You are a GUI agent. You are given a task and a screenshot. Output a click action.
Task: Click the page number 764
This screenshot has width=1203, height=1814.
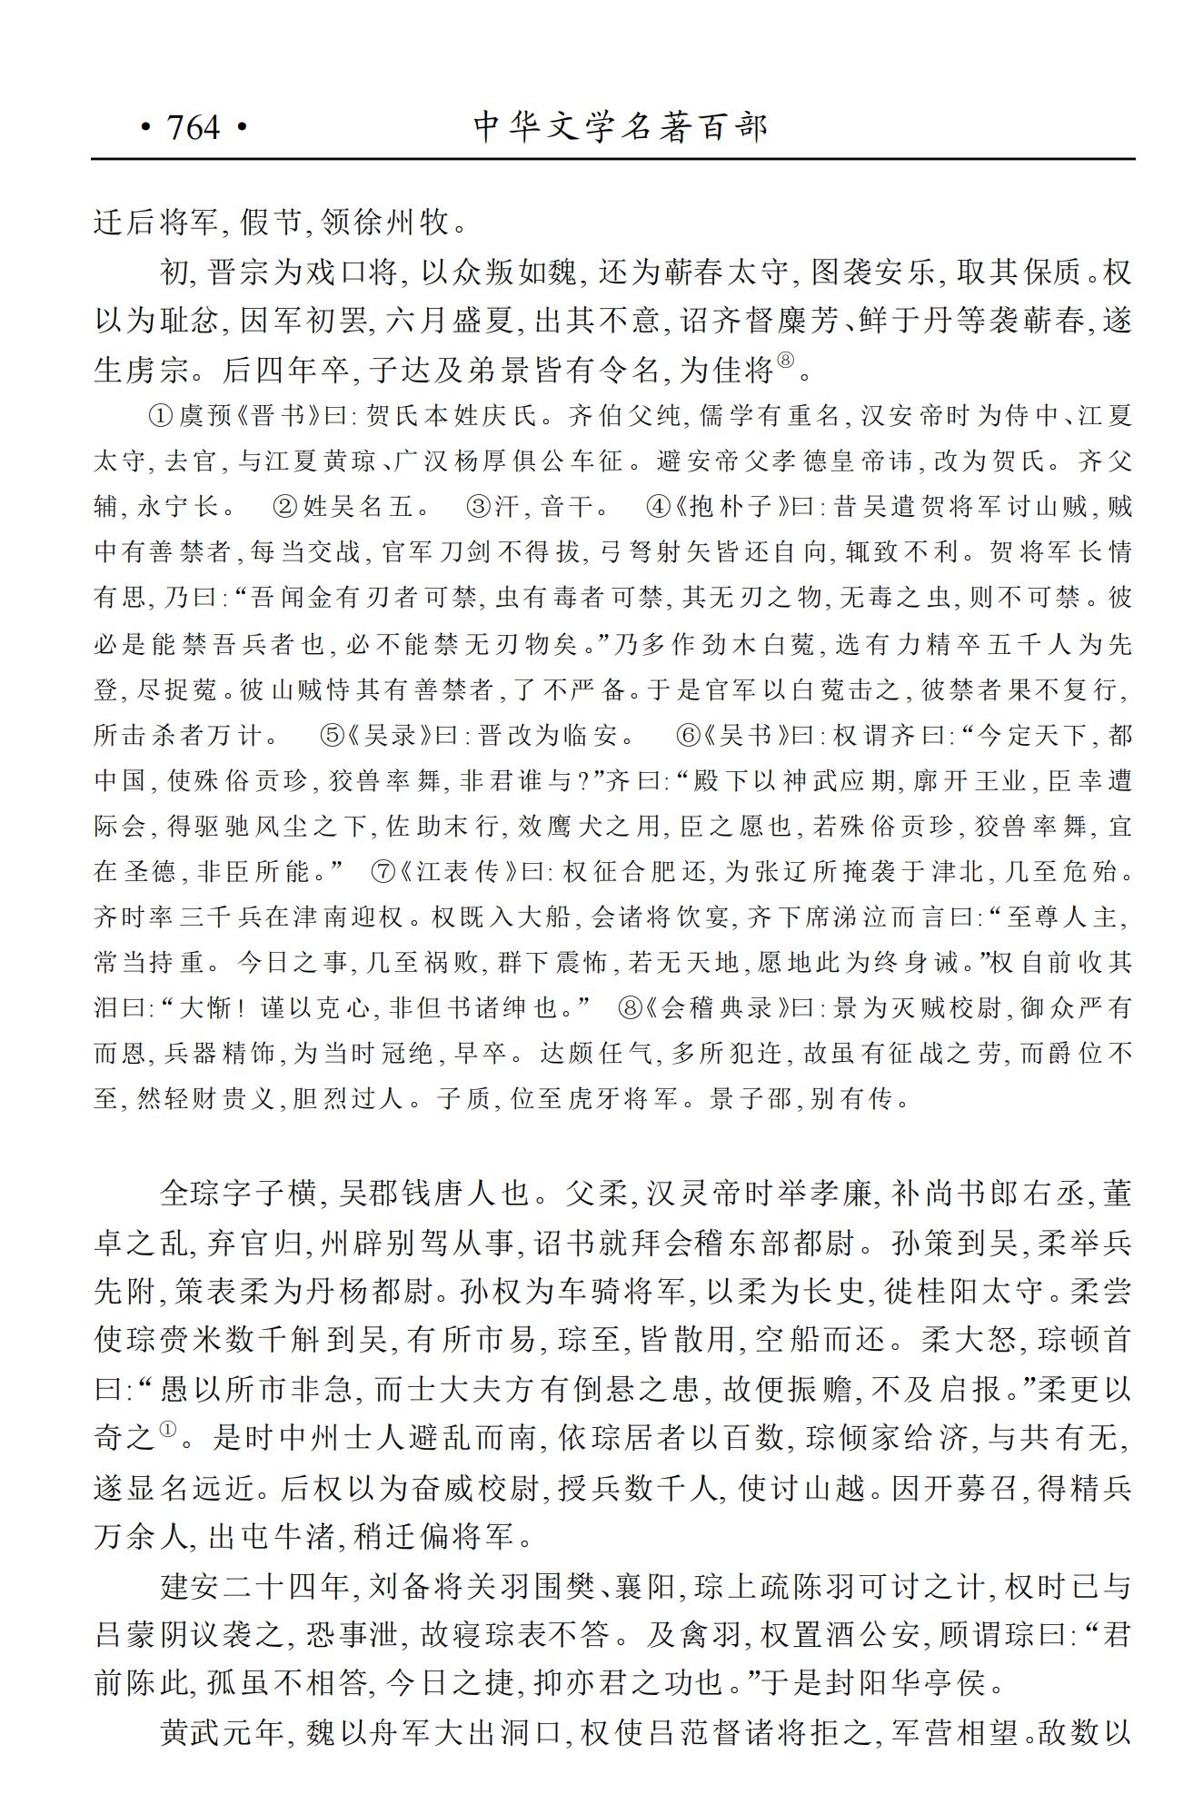[193, 127]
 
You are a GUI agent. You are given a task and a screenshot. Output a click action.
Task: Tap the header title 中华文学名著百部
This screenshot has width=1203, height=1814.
[621, 127]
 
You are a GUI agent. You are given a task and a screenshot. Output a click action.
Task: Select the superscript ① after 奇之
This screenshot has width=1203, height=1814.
[168, 1429]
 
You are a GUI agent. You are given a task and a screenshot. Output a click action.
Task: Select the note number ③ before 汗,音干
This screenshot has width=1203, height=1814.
[479, 507]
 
